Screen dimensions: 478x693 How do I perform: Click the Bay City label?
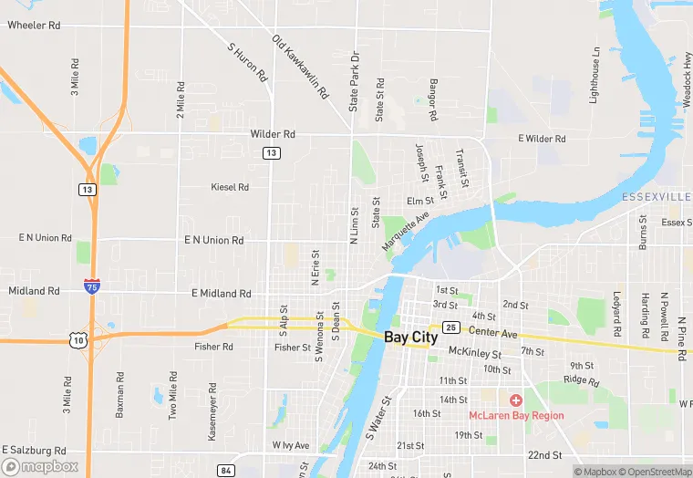tap(410, 337)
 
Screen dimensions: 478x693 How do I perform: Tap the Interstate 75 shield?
tap(91, 286)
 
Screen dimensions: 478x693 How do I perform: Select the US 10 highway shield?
tap(80, 339)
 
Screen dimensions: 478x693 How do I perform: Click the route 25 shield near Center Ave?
tap(450, 327)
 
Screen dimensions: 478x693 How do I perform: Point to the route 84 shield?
tap(226, 470)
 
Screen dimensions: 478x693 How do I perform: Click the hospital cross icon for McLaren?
tap(516, 400)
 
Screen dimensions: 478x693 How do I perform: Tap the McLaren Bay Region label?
tap(516, 416)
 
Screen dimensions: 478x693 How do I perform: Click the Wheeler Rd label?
tap(34, 25)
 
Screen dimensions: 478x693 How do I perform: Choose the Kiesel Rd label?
tap(230, 187)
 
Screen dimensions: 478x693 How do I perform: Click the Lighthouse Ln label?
tap(595, 76)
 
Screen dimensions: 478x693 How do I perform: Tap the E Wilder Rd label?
tap(542, 139)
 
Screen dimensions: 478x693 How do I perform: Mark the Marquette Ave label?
tap(406, 234)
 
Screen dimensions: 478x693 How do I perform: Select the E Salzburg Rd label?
tap(34, 451)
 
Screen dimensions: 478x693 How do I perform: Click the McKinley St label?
tap(475, 353)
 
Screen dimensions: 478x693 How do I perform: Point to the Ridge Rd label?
tap(581, 380)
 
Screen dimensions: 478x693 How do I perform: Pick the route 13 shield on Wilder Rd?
tap(271, 153)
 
